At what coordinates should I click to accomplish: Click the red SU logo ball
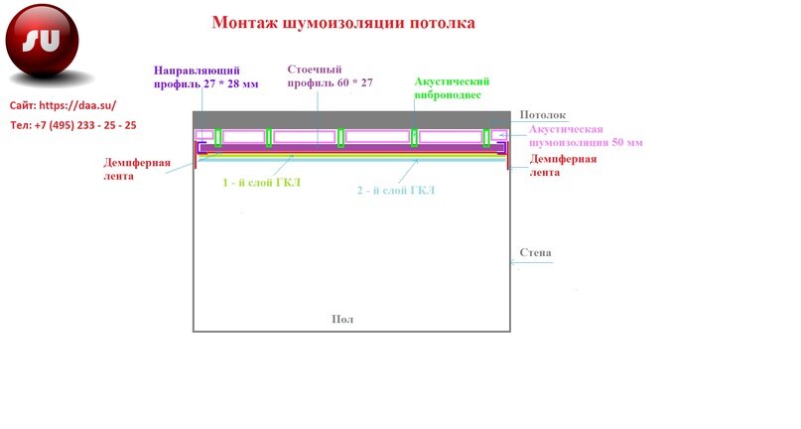coord(42,43)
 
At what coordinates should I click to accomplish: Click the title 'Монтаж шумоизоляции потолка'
coord(343,22)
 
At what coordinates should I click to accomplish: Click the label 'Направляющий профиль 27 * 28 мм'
coord(205,76)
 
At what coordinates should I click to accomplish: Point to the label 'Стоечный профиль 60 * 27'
coord(330,76)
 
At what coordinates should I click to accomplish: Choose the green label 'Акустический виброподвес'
coord(452,88)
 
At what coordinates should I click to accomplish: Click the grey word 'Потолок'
coord(543,116)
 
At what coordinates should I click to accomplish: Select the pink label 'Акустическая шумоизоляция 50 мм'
coord(586,136)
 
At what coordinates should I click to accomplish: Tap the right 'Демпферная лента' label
coord(563,165)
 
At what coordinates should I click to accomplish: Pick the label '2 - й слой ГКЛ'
coord(395,189)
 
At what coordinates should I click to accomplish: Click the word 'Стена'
coord(536,253)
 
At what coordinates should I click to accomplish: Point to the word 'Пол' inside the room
coord(341,319)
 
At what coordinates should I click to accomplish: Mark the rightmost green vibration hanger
coord(487,136)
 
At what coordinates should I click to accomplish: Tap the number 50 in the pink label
coord(619,143)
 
